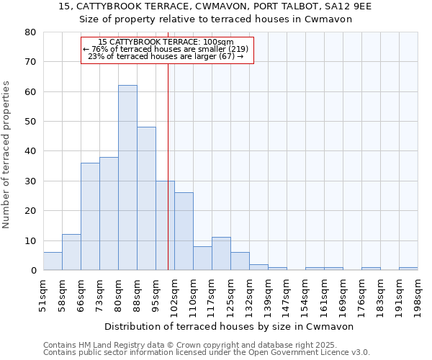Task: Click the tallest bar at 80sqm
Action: (127, 178)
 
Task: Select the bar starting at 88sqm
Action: (146, 199)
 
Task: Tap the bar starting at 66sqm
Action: (90, 217)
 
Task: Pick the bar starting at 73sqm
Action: (109, 214)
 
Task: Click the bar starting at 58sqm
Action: (71, 252)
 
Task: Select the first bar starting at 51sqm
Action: (53, 261)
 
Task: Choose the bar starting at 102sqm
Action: (184, 231)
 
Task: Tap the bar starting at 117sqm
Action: (221, 253)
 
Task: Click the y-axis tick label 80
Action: (30, 32)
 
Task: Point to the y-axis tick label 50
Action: (30, 122)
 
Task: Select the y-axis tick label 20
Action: (30, 211)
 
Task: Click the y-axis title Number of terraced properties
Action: (7, 154)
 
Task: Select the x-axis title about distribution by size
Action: (234, 326)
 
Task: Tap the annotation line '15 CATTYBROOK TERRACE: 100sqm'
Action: (166, 42)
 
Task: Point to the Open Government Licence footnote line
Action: (207, 352)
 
